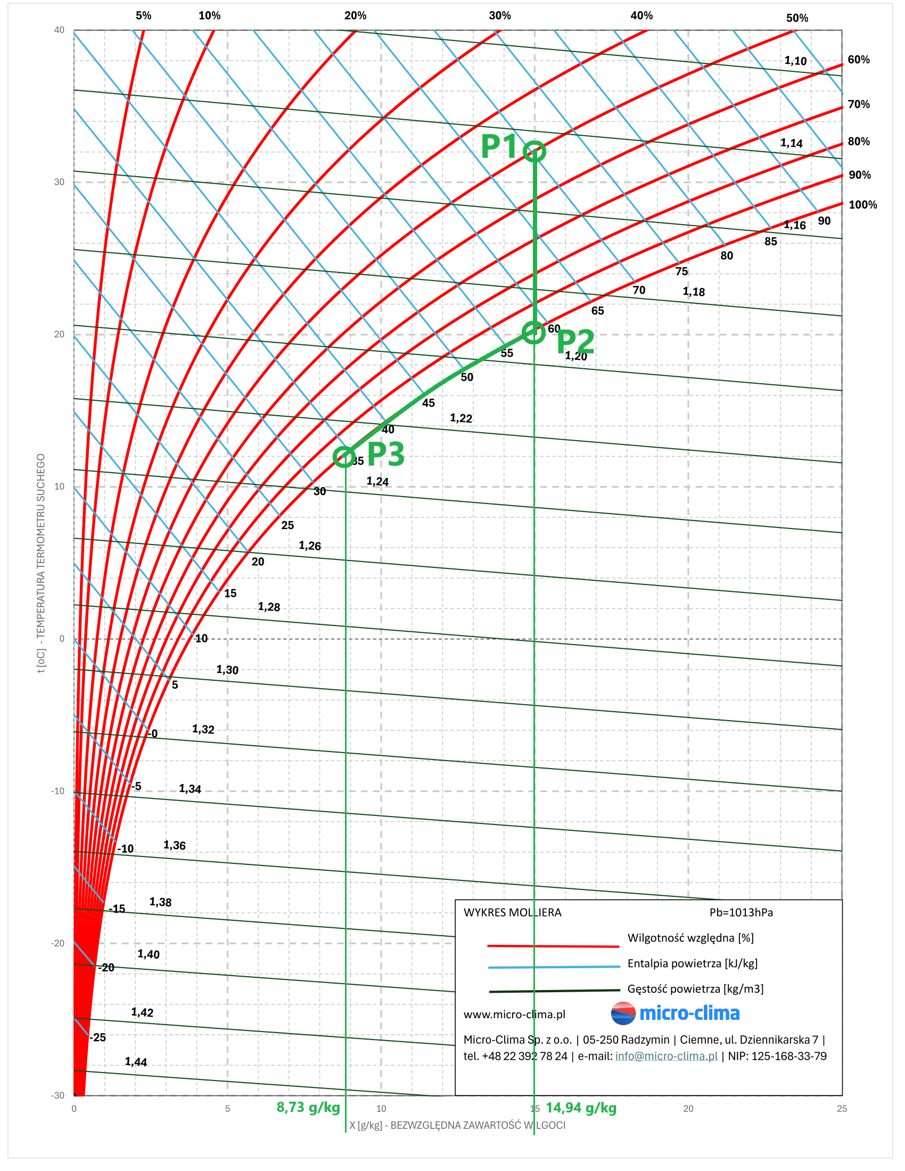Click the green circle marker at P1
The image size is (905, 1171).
[534, 152]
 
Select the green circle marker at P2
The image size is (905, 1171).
[533, 333]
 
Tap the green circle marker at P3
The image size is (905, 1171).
[344, 457]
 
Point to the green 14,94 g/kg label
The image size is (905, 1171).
[581, 1107]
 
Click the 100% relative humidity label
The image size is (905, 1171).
[862, 204]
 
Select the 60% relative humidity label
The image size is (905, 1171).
[858, 60]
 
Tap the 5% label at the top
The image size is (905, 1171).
[143, 15]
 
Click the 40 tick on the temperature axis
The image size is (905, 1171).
[59, 30]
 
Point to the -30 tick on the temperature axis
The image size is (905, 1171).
[58, 1095]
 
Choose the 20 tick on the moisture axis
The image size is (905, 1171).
[688, 1108]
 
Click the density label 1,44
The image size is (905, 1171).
[136, 1062]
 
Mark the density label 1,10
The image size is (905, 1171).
[795, 61]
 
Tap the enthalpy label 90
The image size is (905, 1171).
[824, 221]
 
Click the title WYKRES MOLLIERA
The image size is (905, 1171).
[512, 912]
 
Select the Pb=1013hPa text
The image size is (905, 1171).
[741, 912]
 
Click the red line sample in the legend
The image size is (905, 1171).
[553, 946]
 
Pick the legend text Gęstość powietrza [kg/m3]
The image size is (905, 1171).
[695, 989]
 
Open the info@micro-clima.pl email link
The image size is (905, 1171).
[666, 1055]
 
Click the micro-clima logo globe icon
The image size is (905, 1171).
[622, 1013]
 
